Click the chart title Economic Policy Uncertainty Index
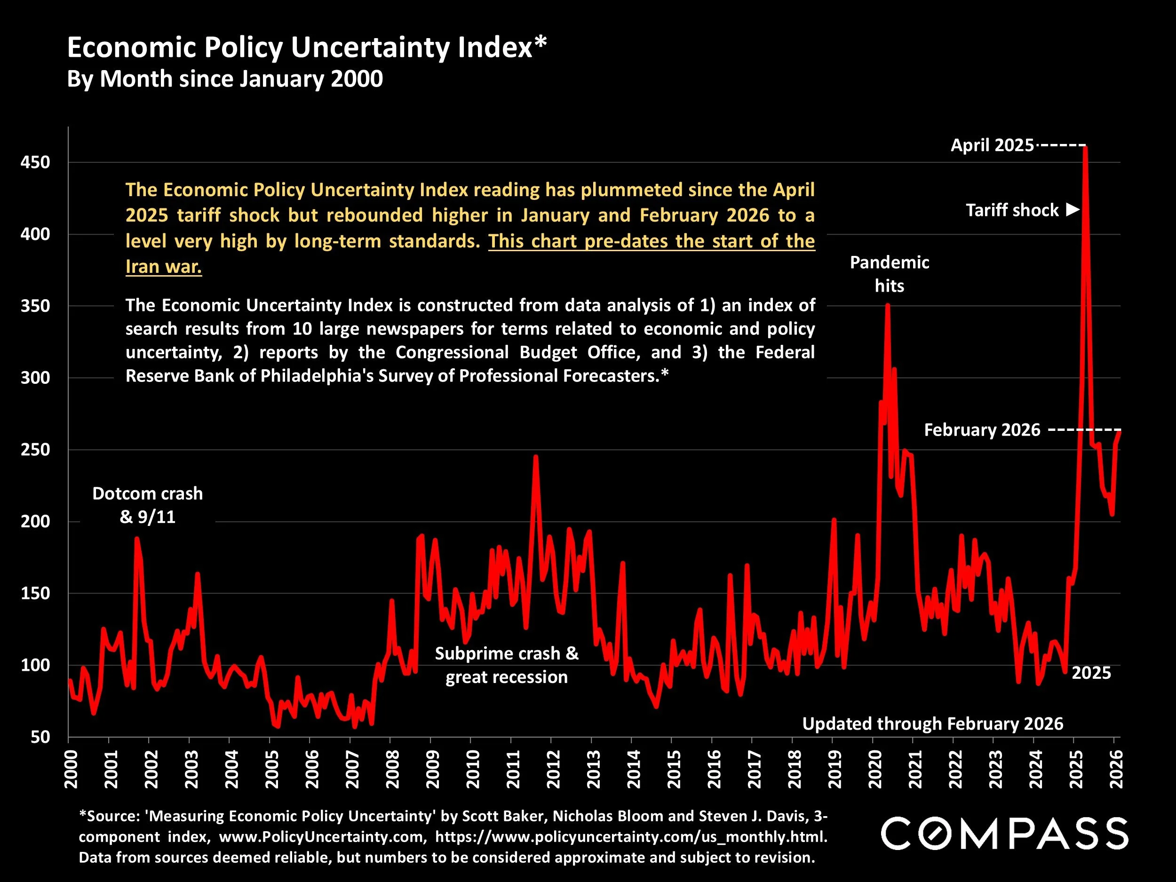(x=306, y=48)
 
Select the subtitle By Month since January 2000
(x=224, y=79)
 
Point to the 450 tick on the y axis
(x=35, y=162)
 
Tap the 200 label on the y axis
(x=35, y=522)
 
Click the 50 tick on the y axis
(x=40, y=737)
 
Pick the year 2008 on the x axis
(x=392, y=769)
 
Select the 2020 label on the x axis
(x=874, y=769)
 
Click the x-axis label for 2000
(x=71, y=769)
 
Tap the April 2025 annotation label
(x=992, y=145)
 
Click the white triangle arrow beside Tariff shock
(x=1073, y=209)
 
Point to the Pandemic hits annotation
(x=890, y=274)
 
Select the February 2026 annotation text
(x=982, y=429)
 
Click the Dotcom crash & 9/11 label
(x=147, y=505)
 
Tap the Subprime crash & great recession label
(x=506, y=665)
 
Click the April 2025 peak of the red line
(x=1085, y=148)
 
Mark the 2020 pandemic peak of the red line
(x=887, y=305)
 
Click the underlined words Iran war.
(x=163, y=266)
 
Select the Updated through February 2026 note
(x=932, y=723)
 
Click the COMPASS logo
(x=1005, y=833)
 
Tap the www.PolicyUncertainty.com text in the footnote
(x=323, y=837)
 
